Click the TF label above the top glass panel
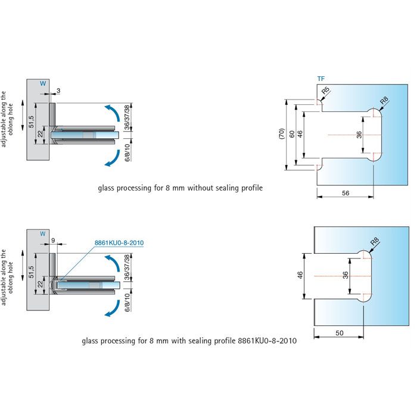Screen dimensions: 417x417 click(321, 79)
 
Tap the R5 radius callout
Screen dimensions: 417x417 click(325, 92)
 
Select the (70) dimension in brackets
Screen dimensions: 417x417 click(282, 135)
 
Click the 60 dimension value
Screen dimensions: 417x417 click(291, 135)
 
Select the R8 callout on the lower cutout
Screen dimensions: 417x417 click(374, 242)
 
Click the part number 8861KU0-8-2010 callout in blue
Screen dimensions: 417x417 click(119, 243)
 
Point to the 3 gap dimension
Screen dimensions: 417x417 click(58, 90)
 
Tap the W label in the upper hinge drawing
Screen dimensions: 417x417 click(42, 84)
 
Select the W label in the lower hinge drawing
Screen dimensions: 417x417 click(42, 234)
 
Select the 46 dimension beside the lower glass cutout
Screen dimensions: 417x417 click(300, 275)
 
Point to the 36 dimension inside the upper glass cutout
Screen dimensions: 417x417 click(359, 135)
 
